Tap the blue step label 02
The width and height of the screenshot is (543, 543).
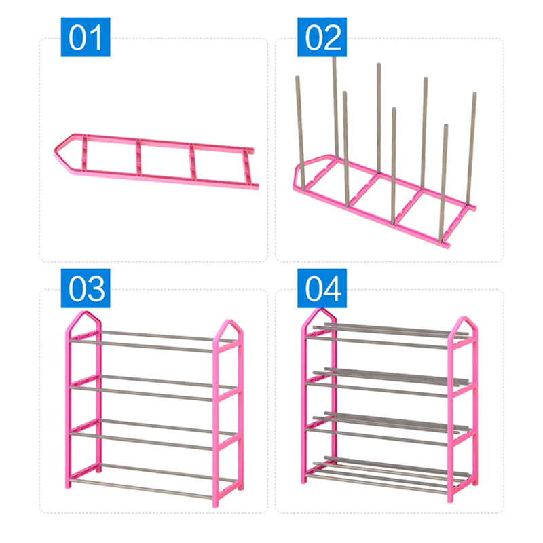[x=322, y=37]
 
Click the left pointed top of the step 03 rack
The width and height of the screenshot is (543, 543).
[x=85, y=318]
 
